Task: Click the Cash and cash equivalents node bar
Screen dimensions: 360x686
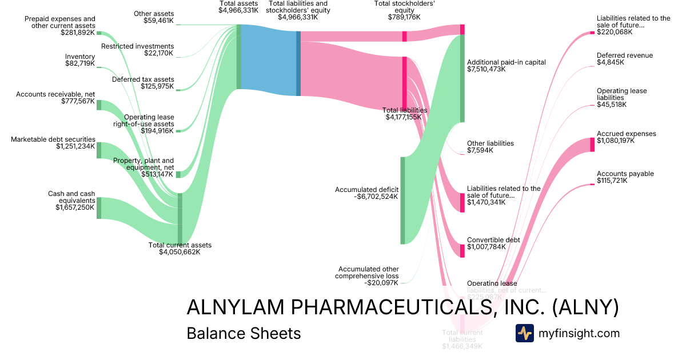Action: pyautogui.click(x=99, y=208)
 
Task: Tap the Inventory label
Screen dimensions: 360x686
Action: pyautogui.click(x=80, y=57)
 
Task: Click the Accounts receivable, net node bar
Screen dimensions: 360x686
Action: pyautogui.click(x=99, y=105)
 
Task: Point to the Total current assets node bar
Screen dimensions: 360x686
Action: pyautogui.click(x=180, y=219)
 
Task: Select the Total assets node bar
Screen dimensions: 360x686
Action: pyautogui.click(x=239, y=57)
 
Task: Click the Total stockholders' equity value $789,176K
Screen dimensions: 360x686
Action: pyautogui.click(x=404, y=17)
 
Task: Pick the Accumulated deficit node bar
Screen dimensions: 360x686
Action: pyautogui.click(x=402, y=200)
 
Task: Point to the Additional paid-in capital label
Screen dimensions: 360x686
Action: pyautogui.click(x=506, y=62)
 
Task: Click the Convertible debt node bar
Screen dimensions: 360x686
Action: pyautogui.click(x=462, y=251)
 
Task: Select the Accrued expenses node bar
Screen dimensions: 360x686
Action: pyautogui.click(x=592, y=145)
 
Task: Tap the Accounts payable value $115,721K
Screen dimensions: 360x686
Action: pyautogui.click(x=612, y=181)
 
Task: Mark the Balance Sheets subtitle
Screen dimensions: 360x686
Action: pyautogui.click(x=244, y=333)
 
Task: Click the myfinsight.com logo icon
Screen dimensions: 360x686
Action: pyautogui.click(x=524, y=333)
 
